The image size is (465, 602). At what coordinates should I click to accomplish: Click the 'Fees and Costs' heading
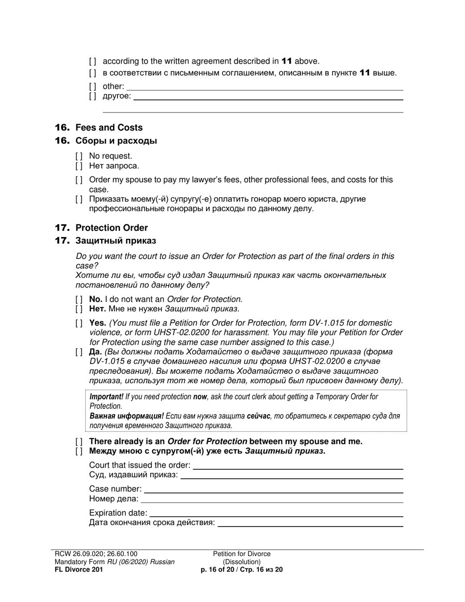coord(109,128)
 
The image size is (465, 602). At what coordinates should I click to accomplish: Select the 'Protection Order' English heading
coord(111,228)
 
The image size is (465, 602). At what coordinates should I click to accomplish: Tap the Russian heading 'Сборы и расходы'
coord(116,141)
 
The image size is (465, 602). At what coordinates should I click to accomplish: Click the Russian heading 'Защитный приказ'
coord(116,241)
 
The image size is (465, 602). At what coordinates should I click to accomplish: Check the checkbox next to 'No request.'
coord(79,156)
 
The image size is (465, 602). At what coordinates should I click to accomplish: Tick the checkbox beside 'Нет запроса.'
coord(79,166)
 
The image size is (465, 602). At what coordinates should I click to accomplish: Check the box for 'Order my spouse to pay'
coord(79,180)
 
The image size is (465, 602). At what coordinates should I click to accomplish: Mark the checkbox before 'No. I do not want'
coord(79,299)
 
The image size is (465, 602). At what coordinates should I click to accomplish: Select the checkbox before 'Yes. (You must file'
coord(79,323)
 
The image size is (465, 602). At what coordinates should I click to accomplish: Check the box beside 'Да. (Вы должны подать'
coord(79,352)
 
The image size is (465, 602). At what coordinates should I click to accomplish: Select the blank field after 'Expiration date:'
coord(276,515)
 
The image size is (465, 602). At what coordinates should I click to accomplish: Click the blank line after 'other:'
coord(264,89)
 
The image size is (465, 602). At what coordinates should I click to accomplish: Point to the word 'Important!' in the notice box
coord(106,397)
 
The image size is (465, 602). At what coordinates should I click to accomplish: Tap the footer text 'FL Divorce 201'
coord(79,570)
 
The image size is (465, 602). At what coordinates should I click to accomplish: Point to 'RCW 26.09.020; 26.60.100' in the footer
coord(96,554)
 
